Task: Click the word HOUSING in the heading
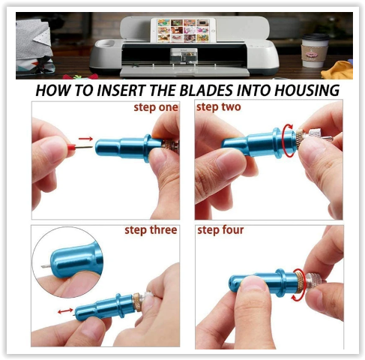pos(307,91)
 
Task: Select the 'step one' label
pos(156,107)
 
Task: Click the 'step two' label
pos(219,107)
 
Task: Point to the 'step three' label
pos(151,230)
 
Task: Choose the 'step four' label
pos(220,230)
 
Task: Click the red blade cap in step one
pos(71,147)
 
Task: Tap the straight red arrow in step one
pos(85,139)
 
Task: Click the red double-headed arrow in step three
pos(65,311)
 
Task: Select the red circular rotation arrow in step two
pos(288,140)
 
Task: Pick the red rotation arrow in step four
pos(298,284)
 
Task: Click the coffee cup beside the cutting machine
pos(314,50)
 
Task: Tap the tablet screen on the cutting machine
pos(184,31)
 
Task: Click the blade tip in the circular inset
pos(45,267)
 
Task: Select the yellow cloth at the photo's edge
pos(337,70)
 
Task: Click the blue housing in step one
pos(129,148)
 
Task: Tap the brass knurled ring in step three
pos(137,302)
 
